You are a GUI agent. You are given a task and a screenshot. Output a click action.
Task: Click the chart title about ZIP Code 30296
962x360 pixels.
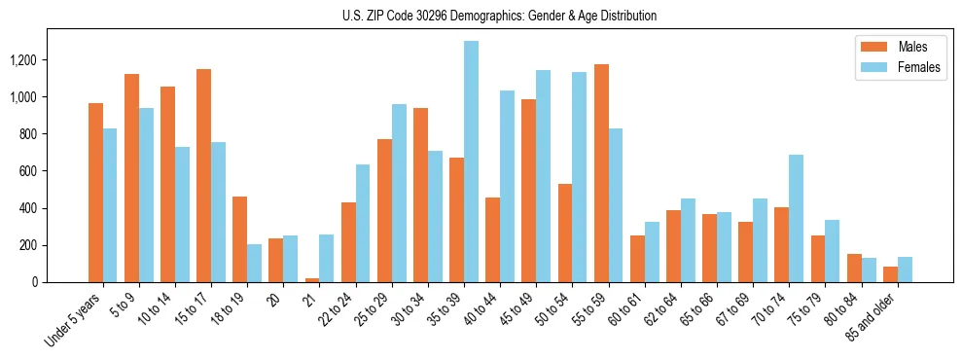499,16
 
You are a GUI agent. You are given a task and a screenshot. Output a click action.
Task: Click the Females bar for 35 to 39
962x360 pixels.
471,162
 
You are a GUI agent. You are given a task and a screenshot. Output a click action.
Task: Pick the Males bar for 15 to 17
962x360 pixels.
203,176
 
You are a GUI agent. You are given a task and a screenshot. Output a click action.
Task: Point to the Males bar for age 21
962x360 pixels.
312,280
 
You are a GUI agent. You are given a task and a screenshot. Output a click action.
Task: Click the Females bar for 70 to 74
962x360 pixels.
796,218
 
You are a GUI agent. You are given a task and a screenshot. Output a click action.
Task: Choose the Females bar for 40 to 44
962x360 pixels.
507,186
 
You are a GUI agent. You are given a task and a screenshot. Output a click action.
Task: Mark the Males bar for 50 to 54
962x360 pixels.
565,233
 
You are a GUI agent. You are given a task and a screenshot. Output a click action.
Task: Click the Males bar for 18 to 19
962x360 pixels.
239,239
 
